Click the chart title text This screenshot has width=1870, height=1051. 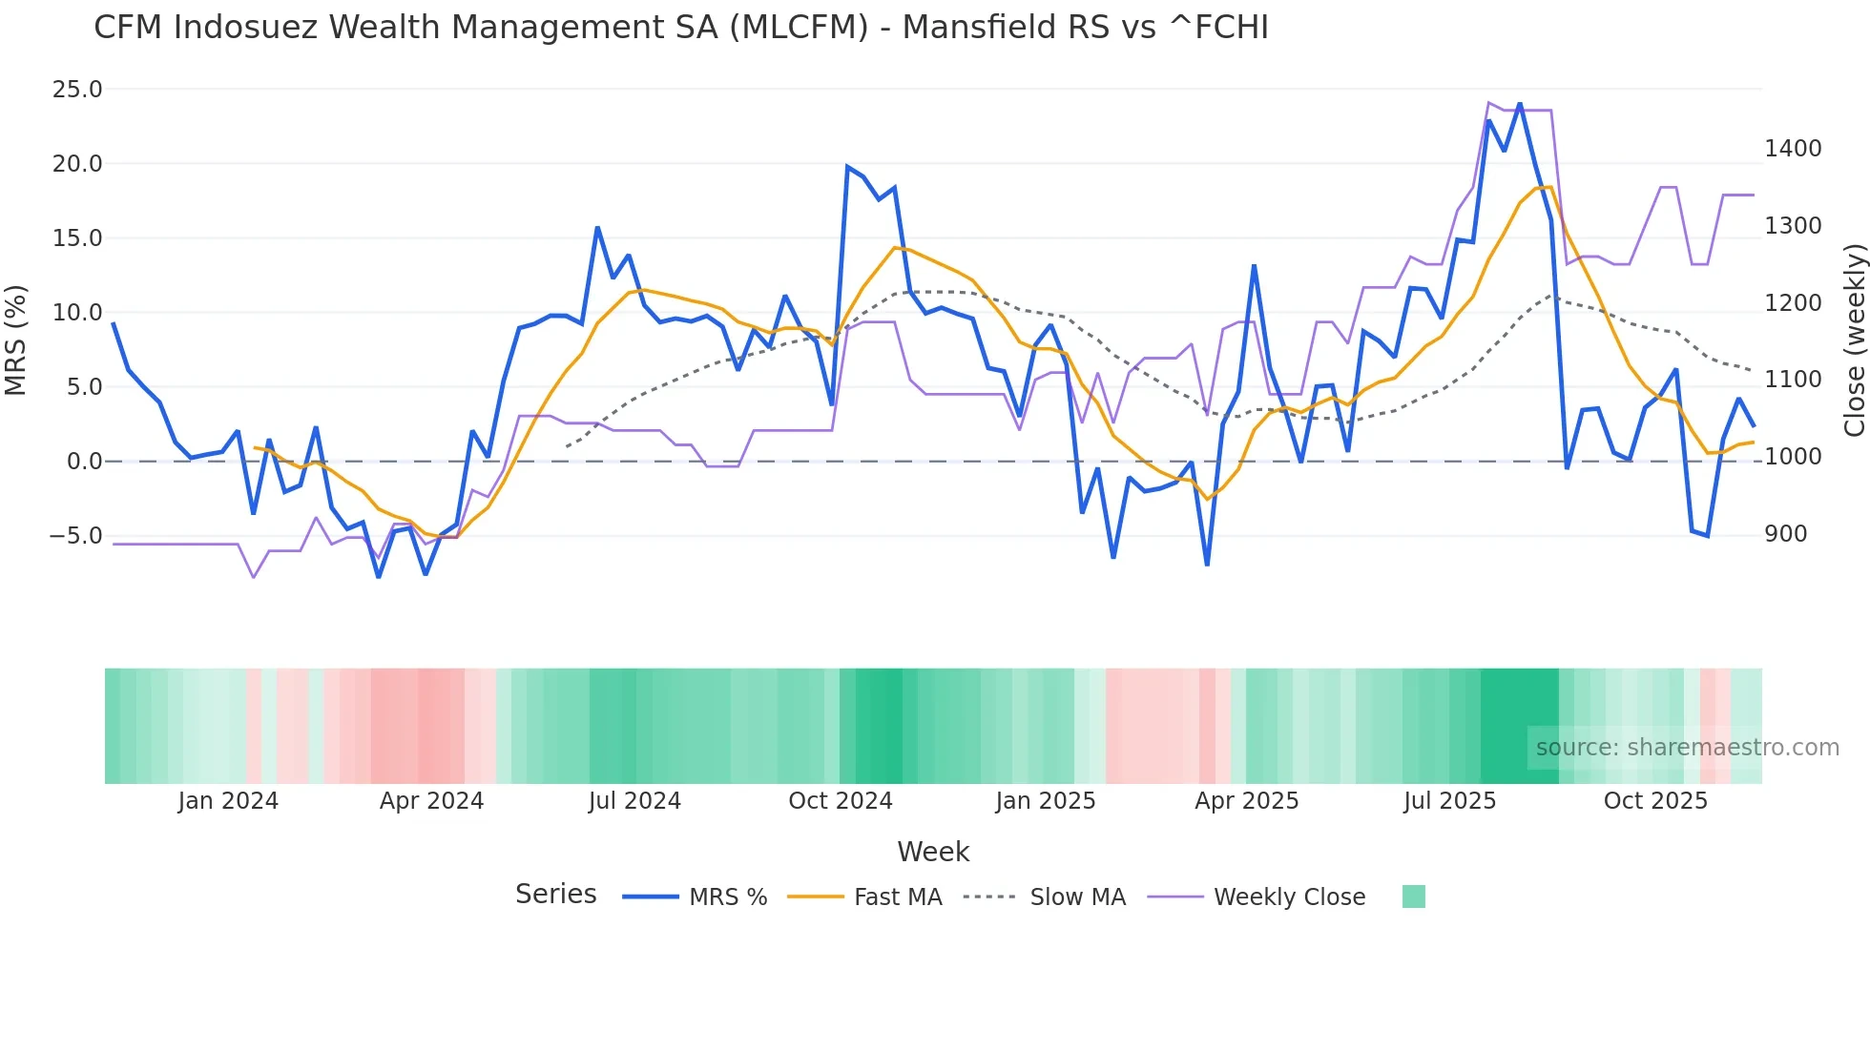[680, 28]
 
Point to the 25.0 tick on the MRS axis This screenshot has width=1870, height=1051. [77, 90]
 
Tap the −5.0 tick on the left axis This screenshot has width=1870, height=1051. [75, 536]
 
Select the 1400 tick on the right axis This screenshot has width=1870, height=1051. [1793, 149]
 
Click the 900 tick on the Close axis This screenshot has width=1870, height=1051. [1785, 534]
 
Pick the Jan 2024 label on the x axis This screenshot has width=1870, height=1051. [228, 801]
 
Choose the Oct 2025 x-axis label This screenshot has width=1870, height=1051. [1655, 801]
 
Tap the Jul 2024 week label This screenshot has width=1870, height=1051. [634, 801]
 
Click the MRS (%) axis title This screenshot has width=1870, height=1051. [16, 340]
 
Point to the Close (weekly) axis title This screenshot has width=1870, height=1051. [1854, 340]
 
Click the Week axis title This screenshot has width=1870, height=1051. [933, 852]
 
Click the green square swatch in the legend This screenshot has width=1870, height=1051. [1414, 896]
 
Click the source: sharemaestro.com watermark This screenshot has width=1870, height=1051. [1687, 748]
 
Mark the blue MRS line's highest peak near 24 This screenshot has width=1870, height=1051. [1519, 105]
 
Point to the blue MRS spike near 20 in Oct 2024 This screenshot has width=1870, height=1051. [847, 167]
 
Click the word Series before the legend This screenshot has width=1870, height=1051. [555, 895]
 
